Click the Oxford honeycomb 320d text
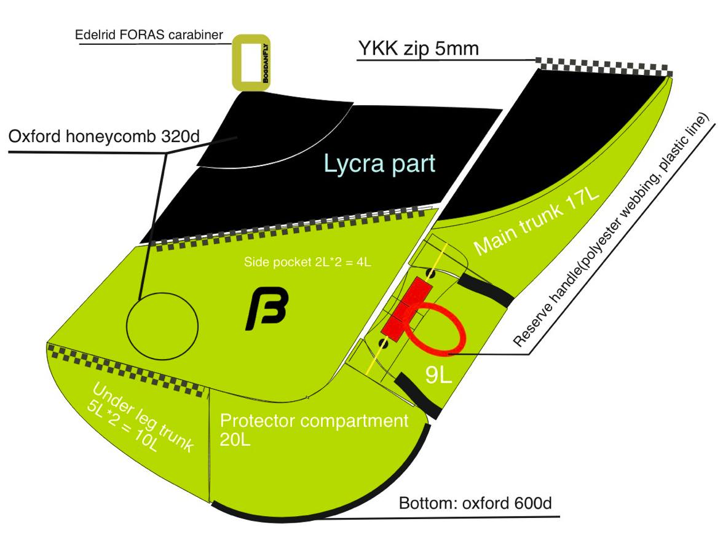pos(104,136)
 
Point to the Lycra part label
pos(380,163)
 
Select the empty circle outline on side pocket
pos(161,324)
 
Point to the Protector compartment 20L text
pos(314,429)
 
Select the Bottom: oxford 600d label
pos(475,503)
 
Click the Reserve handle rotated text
pos(612,231)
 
